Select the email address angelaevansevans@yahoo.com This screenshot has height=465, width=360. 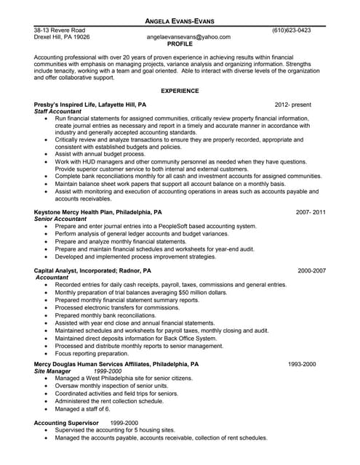[188, 36]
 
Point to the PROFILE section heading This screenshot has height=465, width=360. [180, 44]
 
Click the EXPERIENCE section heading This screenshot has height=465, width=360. [180, 91]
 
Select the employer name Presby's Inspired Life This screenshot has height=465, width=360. [68, 105]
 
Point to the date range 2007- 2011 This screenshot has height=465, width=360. [311, 212]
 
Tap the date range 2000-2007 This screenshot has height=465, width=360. [311, 270]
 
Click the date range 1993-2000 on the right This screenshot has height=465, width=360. [302, 363]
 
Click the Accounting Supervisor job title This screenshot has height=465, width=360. [69, 422]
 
